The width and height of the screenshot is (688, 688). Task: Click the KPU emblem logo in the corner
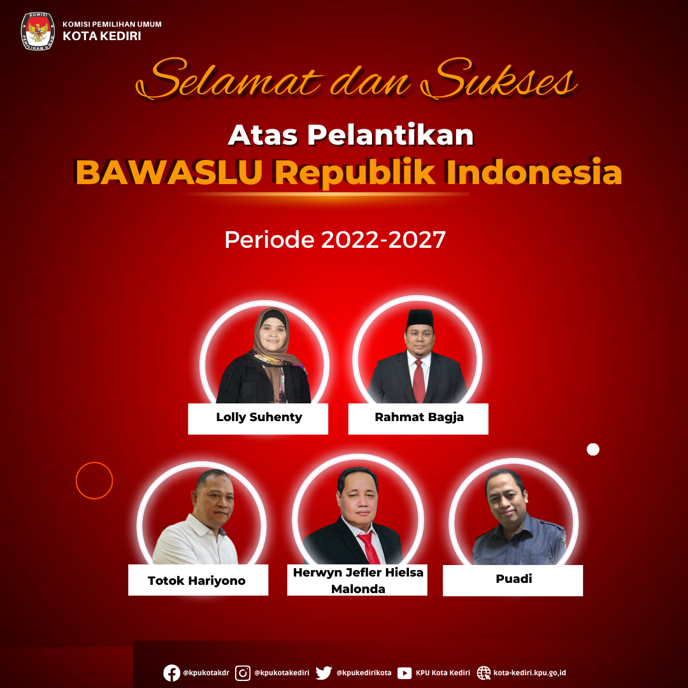pyautogui.click(x=38, y=31)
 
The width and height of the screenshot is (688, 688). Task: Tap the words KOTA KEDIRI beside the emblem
pyautogui.click(x=102, y=36)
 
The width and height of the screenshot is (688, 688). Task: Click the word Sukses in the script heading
pyautogui.click(x=498, y=79)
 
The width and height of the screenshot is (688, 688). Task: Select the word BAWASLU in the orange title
pyautogui.click(x=169, y=172)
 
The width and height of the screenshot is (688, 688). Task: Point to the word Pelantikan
pyautogui.click(x=391, y=134)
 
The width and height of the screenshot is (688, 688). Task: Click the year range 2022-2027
pyautogui.click(x=383, y=240)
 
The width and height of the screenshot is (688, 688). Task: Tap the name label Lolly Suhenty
pyautogui.click(x=259, y=417)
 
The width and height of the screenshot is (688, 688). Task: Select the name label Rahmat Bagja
pyautogui.click(x=419, y=417)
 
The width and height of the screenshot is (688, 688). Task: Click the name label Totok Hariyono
pyautogui.click(x=197, y=580)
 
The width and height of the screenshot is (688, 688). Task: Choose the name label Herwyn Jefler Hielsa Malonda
pyautogui.click(x=358, y=580)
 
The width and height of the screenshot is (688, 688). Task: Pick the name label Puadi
pyautogui.click(x=514, y=578)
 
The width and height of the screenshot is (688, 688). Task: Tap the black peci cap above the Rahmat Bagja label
pyautogui.click(x=420, y=318)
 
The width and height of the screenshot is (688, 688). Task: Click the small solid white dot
pyautogui.click(x=593, y=449)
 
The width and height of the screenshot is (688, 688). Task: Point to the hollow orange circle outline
pyautogui.click(x=76, y=480)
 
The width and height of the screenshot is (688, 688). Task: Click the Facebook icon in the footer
pyautogui.click(x=171, y=673)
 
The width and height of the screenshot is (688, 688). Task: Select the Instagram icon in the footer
pyautogui.click(x=243, y=673)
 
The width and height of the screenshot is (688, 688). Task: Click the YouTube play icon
pyautogui.click(x=405, y=673)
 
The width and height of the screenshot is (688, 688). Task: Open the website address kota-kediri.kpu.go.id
pyautogui.click(x=529, y=673)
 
